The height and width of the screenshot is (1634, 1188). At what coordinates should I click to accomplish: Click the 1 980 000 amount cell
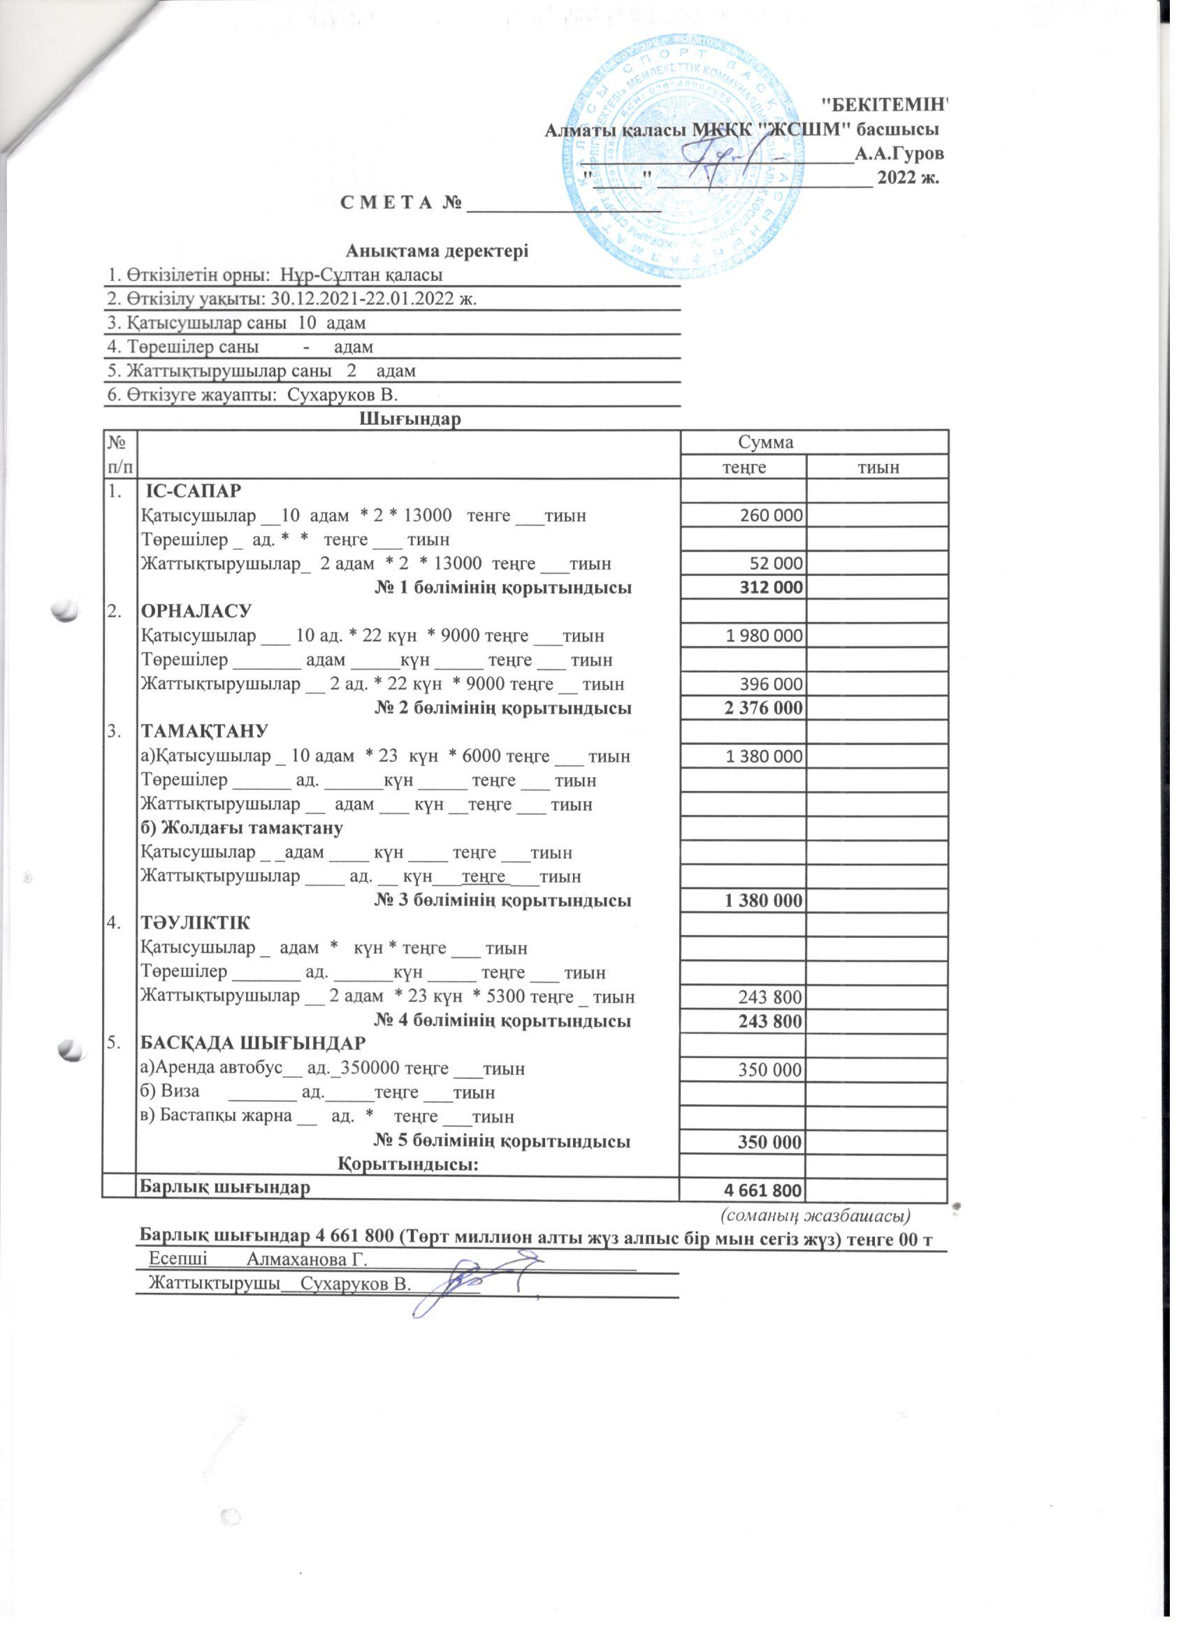point(764,635)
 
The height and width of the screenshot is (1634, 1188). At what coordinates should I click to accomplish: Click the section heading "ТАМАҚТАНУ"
point(204,731)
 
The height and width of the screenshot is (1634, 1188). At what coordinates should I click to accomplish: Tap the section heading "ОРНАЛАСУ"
point(196,611)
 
